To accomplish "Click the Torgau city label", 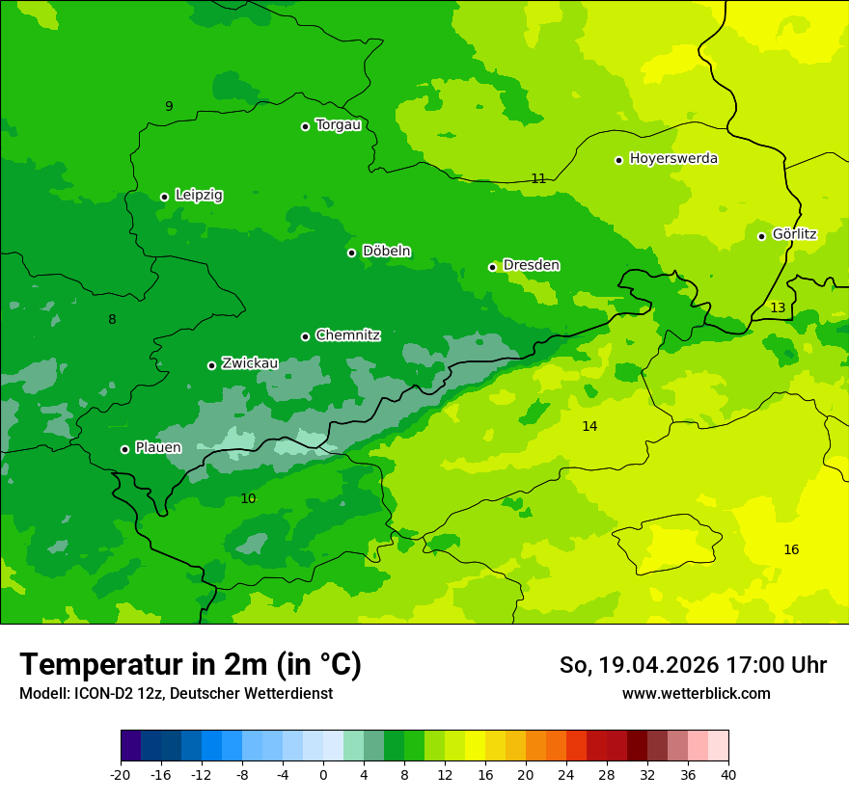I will [338, 124].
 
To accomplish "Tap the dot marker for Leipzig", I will [164, 197].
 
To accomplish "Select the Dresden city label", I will [531, 265].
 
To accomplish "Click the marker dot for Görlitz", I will [761, 236].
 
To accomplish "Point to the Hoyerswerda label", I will [673, 158].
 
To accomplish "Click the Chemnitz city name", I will [347, 335].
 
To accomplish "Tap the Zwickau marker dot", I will [211, 365].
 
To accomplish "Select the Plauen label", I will [158, 447].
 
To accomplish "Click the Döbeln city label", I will [386, 252].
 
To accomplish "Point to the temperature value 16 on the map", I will [791, 550].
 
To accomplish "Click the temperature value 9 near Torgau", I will [169, 107].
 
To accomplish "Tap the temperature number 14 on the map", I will [589, 426].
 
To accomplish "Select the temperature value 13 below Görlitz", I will [778, 308].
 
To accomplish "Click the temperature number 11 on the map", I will [538, 178].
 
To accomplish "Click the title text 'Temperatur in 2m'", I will [190, 665].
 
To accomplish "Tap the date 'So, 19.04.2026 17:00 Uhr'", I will [693, 665].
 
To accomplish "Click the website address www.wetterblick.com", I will [696, 694].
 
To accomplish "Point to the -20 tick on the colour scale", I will [121, 775].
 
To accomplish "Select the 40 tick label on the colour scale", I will [728, 775].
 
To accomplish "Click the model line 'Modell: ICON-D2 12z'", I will [176, 694].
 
